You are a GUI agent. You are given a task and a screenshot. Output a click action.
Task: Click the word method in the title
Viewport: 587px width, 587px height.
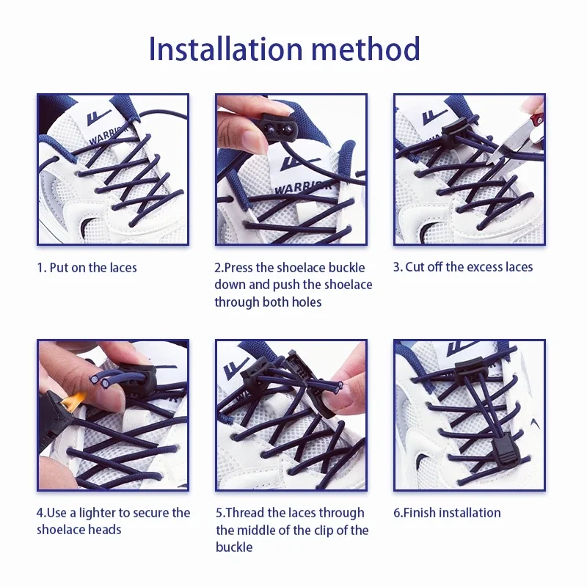pos(365,48)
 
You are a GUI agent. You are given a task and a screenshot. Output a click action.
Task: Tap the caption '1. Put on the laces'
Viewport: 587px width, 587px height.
pos(87,268)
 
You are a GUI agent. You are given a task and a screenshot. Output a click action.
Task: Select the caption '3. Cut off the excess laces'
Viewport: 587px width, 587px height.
pos(463,267)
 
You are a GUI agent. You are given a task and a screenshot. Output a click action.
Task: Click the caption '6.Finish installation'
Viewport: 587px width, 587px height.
pos(447,512)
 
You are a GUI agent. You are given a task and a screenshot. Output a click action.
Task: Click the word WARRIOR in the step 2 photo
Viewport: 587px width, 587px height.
pos(302,186)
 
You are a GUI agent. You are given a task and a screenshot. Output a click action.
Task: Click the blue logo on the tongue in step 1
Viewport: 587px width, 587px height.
pos(98,117)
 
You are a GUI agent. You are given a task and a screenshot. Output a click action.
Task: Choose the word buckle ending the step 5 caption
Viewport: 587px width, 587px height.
pos(234,547)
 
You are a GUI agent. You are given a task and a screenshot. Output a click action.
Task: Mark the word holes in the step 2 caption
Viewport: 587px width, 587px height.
pos(307,302)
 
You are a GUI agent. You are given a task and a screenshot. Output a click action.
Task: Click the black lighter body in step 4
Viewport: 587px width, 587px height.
pos(54,415)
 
